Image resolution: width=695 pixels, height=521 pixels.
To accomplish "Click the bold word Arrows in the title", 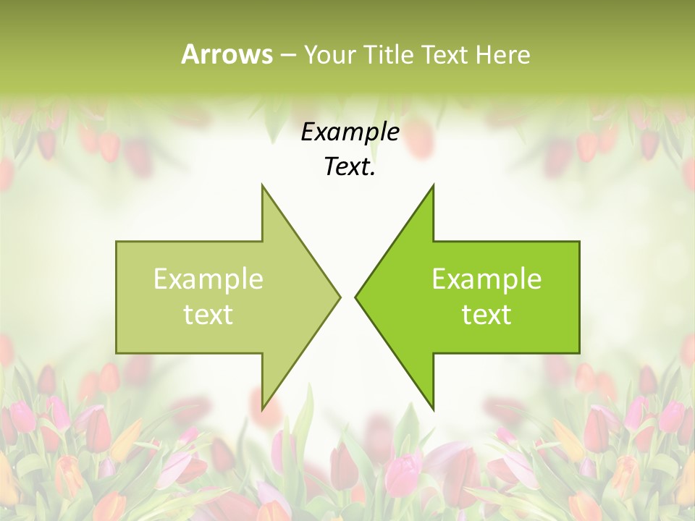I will [x=227, y=54].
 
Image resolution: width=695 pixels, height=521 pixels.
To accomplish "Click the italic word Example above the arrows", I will [x=350, y=132].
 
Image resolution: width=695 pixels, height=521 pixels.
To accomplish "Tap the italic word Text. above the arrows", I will [x=350, y=167].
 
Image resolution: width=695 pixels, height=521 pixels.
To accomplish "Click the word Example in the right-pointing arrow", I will [x=208, y=279].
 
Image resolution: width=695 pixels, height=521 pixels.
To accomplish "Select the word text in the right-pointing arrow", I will [x=208, y=315].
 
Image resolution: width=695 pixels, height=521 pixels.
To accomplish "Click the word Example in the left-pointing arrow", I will [x=486, y=279].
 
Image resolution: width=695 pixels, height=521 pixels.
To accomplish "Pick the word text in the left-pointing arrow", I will [x=486, y=315].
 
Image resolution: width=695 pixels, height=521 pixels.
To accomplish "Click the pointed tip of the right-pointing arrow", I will [x=340, y=297].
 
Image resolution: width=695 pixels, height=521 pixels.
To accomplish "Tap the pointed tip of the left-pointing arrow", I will [x=355, y=297].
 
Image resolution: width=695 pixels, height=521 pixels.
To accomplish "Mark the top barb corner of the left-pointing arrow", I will [x=433, y=185].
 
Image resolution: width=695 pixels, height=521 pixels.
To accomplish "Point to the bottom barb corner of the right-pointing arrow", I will [x=262, y=410].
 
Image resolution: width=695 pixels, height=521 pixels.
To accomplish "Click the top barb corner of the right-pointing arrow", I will [x=262, y=185].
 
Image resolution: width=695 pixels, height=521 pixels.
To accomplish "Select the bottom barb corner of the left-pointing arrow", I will [x=433, y=410].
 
